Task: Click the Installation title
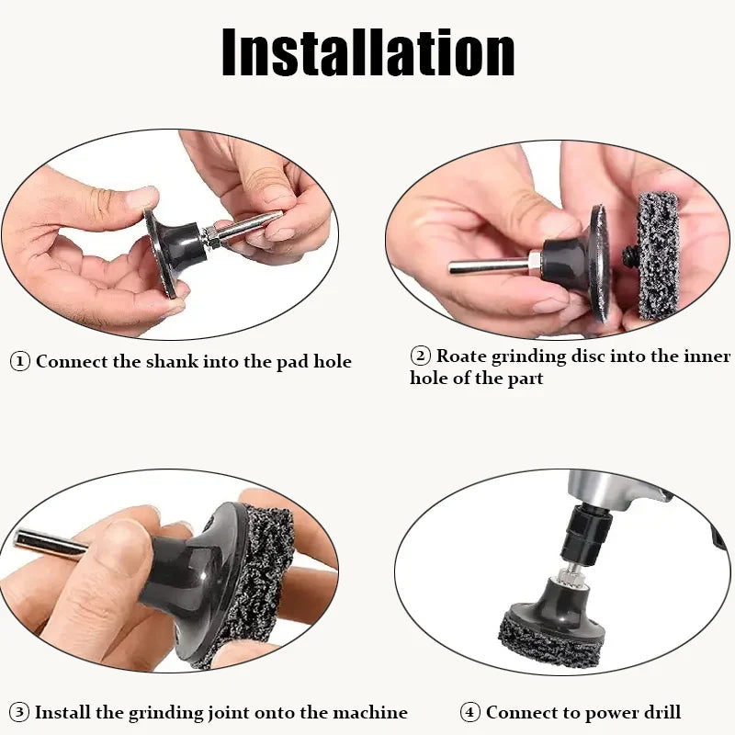coord(367,52)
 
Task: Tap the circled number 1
coord(20,361)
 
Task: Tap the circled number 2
coord(420,356)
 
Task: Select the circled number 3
coord(20,712)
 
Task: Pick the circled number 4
coord(470,712)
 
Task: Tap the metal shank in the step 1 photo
coord(248,225)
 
